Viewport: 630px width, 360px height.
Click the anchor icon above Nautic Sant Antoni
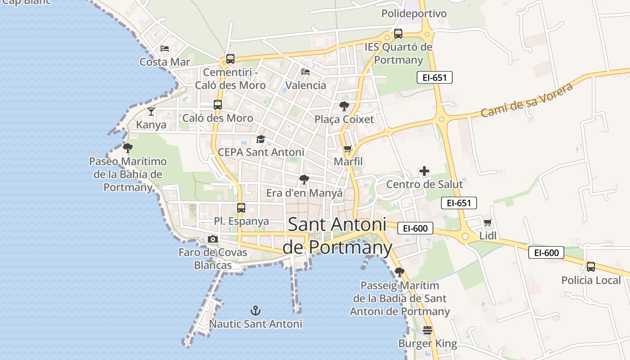tap(256, 310)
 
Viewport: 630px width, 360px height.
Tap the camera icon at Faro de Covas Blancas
tap(213, 239)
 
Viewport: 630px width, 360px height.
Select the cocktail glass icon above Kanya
tap(151, 111)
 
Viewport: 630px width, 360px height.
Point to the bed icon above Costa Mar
tap(165, 48)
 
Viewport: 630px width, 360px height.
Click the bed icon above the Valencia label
tap(306, 72)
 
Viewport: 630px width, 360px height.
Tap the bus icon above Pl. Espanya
tap(241, 207)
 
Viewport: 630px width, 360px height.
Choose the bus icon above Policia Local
tap(591, 266)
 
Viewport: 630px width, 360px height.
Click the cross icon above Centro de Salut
tap(424, 171)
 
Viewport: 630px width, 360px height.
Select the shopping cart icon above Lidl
tap(487, 222)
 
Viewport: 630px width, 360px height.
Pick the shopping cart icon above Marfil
tap(347, 148)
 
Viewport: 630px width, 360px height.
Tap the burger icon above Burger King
tap(427, 330)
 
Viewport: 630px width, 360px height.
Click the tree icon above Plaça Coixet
tap(344, 106)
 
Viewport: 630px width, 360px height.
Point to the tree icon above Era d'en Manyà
tap(304, 180)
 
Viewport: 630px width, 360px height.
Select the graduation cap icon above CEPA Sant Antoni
tap(261, 139)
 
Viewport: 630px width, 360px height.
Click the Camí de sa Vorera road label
tap(527, 99)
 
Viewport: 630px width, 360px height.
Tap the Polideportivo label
tap(414, 13)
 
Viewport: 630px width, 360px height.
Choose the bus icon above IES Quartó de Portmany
tap(398, 33)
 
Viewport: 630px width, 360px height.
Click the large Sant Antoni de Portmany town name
tap(337, 235)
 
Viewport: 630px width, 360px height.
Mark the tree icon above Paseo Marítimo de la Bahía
tap(128, 148)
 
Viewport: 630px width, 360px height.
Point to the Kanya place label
tap(151, 125)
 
